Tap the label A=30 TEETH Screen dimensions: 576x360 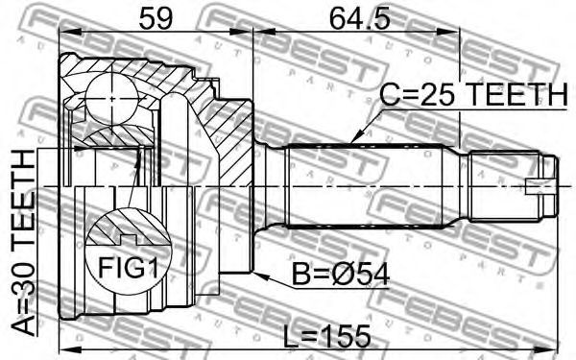pyautogui.click(x=23, y=244)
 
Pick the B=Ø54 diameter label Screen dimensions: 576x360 pyautogui.click(x=340, y=275)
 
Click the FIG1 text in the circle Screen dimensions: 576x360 pyautogui.click(x=129, y=267)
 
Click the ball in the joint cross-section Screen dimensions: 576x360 pyautogui.click(x=111, y=99)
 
